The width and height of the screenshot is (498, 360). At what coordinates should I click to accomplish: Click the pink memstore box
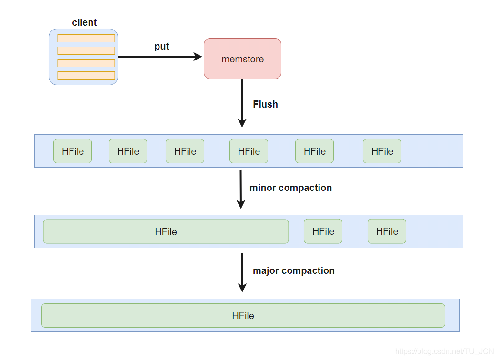click(x=242, y=59)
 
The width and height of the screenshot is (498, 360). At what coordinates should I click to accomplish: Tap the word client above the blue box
click(x=84, y=22)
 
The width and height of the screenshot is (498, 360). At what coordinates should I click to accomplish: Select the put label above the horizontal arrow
click(x=162, y=46)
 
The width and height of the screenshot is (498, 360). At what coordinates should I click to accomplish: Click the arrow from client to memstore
click(x=159, y=57)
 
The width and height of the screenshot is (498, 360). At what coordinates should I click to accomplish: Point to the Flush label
click(x=265, y=104)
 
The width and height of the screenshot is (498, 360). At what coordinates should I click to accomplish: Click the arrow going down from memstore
click(x=242, y=102)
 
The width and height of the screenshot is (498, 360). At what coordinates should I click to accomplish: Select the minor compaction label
click(x=290, y=188)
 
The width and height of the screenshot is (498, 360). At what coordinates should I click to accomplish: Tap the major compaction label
click(x=293, y=270)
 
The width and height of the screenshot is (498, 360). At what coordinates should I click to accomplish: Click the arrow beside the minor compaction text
click(x=241, y=189)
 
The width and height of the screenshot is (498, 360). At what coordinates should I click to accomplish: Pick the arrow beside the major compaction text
click(x=242, y=272)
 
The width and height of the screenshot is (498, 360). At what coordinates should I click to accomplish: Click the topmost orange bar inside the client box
click(x=86, y=38)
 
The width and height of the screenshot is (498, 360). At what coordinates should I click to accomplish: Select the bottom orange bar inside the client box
click(x=86, y=75)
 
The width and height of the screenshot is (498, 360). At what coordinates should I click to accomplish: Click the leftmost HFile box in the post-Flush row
click(x=72, y=151)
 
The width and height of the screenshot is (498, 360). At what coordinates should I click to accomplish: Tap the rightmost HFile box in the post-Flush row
click(x=382, y=151)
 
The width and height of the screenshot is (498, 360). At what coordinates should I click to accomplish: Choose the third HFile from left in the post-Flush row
click(x=185, y=151)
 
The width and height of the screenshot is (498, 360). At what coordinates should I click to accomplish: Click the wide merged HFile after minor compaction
click(x=166, y=231)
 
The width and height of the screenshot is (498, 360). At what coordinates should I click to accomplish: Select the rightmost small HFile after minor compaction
click(x=387, y=231)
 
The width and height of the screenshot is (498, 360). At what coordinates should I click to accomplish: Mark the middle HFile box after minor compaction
click(x=323, y=231)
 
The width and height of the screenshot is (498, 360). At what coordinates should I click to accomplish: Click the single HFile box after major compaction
click(x=243, y=315)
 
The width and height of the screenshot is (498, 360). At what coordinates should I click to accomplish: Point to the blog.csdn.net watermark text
click(x=445, y=351)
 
